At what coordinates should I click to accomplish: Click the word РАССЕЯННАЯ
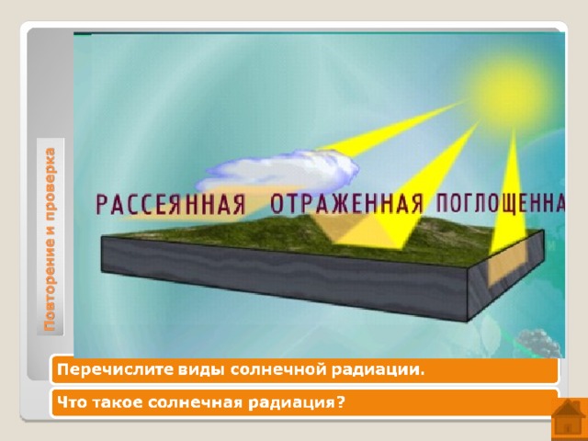[x=171, y=204]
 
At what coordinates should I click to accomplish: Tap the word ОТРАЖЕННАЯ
[x=347, y=204]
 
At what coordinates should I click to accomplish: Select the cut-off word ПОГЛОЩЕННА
[x=501, y=204]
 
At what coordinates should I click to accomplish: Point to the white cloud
[x=277, y=171]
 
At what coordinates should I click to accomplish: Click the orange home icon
[x=570, y=420]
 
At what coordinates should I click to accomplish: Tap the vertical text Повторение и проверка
[x=51, y=240]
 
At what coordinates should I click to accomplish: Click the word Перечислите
[x=115, y=369]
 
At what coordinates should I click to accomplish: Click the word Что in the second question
[x=72, y=402]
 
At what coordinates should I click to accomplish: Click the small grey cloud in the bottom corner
[x=537, y=343]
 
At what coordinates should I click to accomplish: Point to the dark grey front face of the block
[x=284, y=278]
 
